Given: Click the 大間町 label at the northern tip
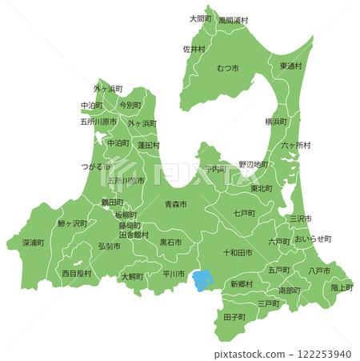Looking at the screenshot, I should (200, 18).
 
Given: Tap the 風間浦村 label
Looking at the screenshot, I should (234, 19).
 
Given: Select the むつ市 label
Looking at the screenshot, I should (227, 69).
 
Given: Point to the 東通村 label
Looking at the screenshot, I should (290, 66).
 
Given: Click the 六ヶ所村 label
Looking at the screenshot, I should (296, 145).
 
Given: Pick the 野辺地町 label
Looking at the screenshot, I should (254, 164).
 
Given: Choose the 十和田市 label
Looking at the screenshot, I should (238, 252).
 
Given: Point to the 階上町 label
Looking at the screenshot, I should (342, 287).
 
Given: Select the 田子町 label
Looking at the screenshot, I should (234, 318).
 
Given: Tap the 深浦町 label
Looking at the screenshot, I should (33, 242).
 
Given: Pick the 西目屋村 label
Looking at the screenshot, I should (77, 273).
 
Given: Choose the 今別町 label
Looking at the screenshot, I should (130, 105).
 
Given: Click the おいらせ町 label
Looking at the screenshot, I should (312, 239).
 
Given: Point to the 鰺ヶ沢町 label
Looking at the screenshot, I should (72, 224).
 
